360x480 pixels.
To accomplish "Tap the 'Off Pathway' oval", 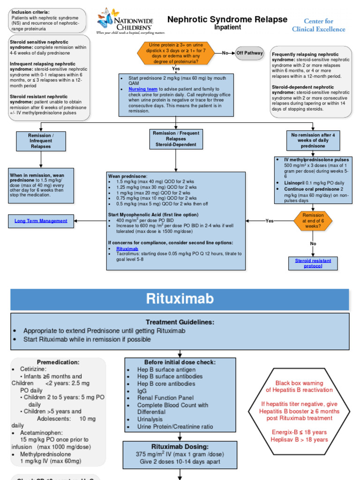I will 249,53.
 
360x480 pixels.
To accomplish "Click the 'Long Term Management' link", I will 41,221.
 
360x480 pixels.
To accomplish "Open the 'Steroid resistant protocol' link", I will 313,263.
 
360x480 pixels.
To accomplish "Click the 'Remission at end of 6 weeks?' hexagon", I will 313,221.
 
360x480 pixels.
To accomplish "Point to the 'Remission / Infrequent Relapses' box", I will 41,141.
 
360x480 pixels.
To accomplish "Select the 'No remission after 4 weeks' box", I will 313,141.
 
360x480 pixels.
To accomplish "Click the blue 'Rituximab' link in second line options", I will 127,248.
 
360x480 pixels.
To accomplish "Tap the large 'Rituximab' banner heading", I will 180,299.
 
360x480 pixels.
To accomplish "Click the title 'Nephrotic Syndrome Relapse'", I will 227,19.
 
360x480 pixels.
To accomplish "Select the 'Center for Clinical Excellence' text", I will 318,25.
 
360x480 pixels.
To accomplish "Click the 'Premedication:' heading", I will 58,362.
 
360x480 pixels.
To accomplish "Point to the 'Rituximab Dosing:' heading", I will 180,447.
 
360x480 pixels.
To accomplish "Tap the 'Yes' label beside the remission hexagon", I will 270,221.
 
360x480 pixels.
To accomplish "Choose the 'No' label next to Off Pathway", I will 225,53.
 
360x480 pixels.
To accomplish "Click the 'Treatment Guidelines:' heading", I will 180,322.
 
